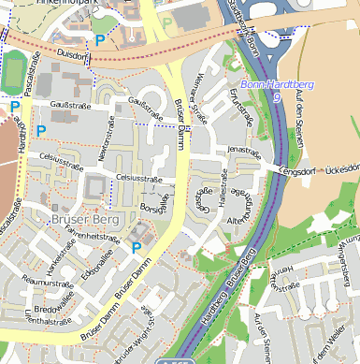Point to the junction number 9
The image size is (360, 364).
tap(276, 96)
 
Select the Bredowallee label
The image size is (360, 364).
tap(52, 306)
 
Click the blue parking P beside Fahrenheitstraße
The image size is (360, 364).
tap(137, 248)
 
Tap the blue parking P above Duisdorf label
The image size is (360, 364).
tap(100, 40)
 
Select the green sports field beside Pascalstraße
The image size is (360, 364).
tap(13, 69)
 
